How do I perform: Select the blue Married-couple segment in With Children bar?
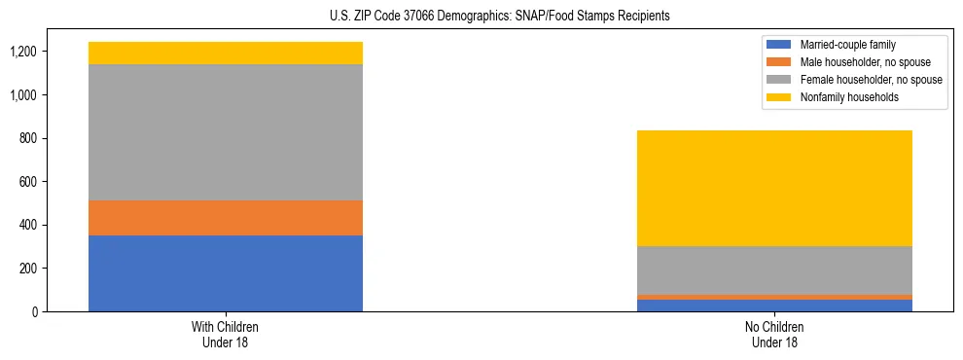click(x=226, y=273)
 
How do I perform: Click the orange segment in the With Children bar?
click(x=226, y=218)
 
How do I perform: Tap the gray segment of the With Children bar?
click(x=226, y=132)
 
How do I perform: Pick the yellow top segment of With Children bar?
click(x=226, y=53)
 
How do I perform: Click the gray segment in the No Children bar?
click(x=774, y=270)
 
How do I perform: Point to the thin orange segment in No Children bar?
click(x=774, y=297)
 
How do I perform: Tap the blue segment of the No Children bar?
click(x=774, y=306)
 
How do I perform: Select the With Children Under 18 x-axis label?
click(x=226, y=335)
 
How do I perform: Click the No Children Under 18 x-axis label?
click(x=774, y=335)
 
